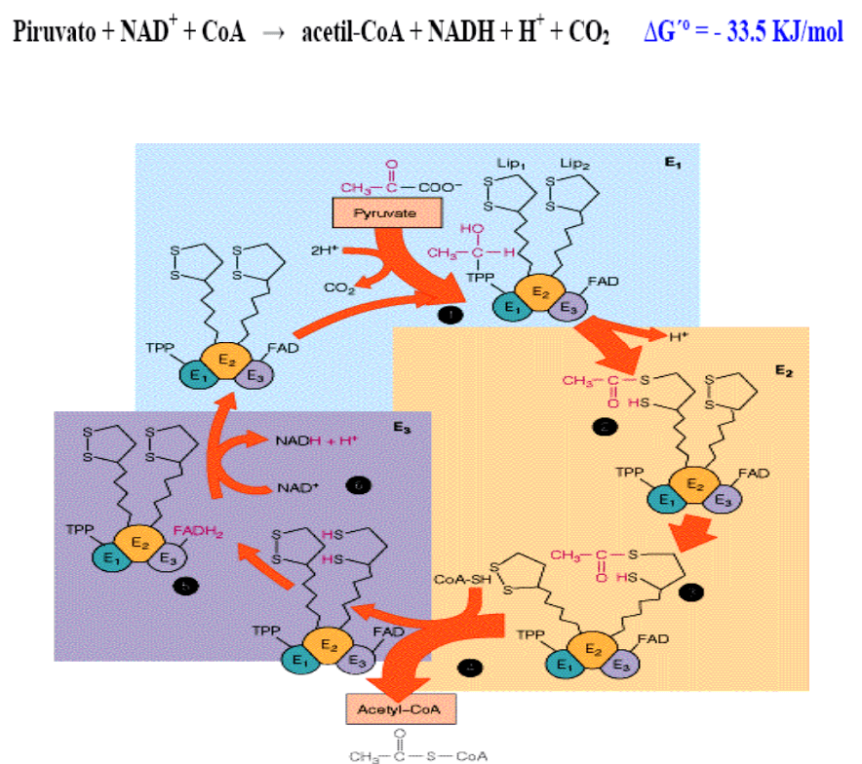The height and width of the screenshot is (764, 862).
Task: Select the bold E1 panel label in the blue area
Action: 672,164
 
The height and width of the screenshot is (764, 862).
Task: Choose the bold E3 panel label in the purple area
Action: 401,426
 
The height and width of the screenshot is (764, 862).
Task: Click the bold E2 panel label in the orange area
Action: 783,370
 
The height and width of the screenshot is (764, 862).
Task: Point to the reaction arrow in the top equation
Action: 278,35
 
